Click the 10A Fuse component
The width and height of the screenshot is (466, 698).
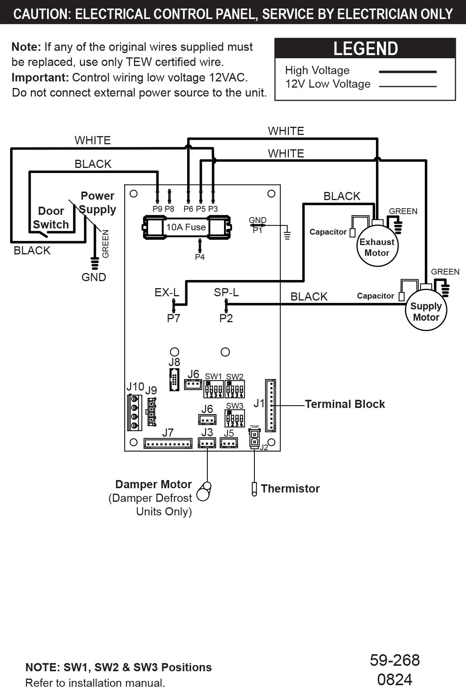(186, 227)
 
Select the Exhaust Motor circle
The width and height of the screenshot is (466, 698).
(377, 247)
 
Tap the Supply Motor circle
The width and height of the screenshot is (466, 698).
(426, 311)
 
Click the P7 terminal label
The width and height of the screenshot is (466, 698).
(174, 318)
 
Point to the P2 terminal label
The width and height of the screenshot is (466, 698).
(226, 318)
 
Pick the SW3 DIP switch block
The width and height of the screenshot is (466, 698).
(235, 418)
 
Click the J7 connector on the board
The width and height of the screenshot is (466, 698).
(168, 443)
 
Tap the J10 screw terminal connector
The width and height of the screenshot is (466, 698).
(134, 412)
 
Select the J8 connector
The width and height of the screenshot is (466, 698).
(174, 380)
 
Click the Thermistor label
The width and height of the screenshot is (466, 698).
(290, 489)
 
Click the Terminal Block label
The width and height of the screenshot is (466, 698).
(345, 404)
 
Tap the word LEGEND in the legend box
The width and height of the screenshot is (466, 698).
(365, 49)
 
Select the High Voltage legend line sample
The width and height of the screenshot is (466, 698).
(407, 72)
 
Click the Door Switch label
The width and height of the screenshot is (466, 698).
(51, 218)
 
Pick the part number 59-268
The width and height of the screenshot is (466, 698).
(395, 660)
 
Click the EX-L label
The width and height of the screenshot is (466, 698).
(167, 292)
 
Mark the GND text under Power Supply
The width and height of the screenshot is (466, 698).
(94, 277)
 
